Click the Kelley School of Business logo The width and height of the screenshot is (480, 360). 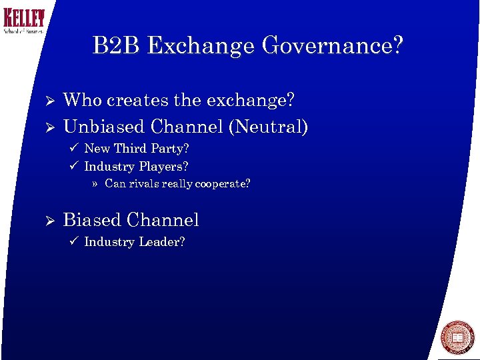[x=23, y=21]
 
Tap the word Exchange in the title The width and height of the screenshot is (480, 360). [x=201, y=46]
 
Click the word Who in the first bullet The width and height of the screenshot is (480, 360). [x=83, y=101]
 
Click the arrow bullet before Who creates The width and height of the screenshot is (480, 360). [x=47, y=101]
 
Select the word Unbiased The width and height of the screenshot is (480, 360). [x=105, y=126]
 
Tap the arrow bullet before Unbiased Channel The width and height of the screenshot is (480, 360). [x=47, y=127]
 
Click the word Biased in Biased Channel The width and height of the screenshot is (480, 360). [x=91, y=220]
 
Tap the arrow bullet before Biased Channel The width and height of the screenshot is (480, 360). [x=47, y=221]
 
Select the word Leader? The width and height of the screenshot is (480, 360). [x=162, y=242]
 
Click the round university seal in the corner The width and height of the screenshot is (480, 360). [x=457, y=337]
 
